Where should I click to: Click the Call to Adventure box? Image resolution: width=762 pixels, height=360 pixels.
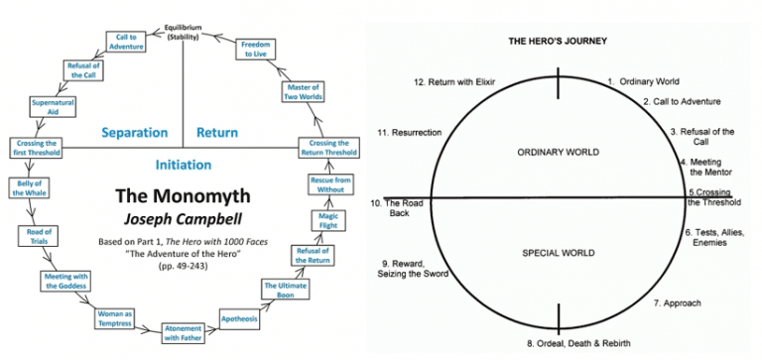click(125, 40)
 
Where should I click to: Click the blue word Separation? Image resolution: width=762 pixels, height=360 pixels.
click(135, 132)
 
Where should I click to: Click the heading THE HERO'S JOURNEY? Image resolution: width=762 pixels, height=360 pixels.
click(558, 41)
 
